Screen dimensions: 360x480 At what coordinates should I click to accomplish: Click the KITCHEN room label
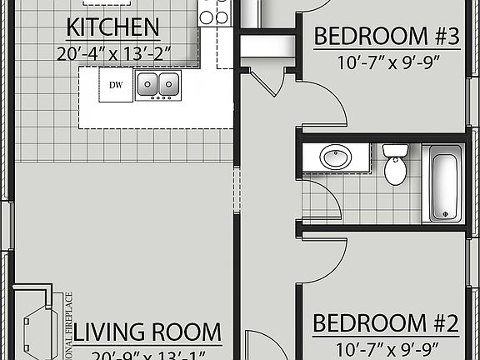pyautogui.click(x=112, y=28)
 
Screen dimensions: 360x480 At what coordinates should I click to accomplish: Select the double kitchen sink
pyautogui.click(x=157, y=83)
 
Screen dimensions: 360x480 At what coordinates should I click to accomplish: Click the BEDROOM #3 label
pyautogui.click(x=387, y=37)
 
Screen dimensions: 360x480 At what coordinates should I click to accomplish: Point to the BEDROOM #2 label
pyautogui.click(x=387, y=322)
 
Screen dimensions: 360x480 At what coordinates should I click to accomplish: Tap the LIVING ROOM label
pyautogui.click(x=147, y=332)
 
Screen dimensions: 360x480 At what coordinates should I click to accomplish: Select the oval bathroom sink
pyautogui.click(x=336, y=157)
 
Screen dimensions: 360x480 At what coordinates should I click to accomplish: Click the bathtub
pyautogui.click(x=444, y=183)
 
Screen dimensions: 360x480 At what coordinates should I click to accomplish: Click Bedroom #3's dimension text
pyautogui.click(x=387, y=61)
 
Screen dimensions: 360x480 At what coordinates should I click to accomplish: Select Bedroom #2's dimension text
pyautogui.click(x=387, y=347)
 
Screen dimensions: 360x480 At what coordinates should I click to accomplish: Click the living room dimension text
pyautogui.click(x=147, y=354)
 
